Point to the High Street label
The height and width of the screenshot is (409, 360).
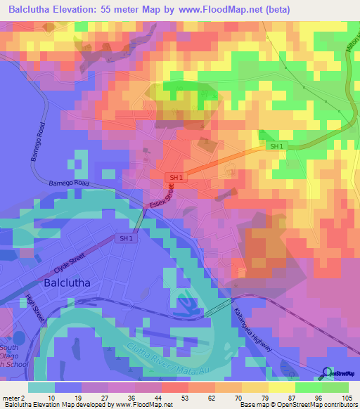click(x=35, y=308)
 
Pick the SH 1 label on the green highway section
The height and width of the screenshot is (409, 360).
click(x=276, y=145)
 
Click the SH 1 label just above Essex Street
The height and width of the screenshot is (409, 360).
click(x=176, y=178)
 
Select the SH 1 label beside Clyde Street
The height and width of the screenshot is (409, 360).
click(x=126, y=239)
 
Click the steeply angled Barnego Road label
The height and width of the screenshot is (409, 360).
click(x=38, y=147)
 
